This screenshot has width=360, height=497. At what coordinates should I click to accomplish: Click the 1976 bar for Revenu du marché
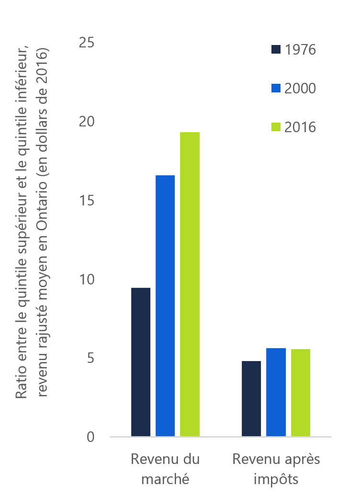(x=141, y=362)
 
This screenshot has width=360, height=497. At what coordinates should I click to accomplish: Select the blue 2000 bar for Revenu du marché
(x=165, y=305)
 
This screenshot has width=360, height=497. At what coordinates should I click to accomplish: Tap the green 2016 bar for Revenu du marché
(x=190, y=284)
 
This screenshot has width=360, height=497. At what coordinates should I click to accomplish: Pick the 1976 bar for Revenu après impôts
(x=251, y=398)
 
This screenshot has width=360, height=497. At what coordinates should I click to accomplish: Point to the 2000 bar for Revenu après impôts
(x=276, y=392)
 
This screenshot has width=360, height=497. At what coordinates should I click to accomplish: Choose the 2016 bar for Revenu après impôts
(x=301, y=393)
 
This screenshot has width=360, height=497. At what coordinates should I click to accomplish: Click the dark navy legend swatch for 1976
(x=276, y=49)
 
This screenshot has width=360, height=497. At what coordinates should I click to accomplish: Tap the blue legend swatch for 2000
(x=276, y=88)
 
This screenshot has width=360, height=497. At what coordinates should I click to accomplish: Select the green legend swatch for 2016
(x=276, y=127)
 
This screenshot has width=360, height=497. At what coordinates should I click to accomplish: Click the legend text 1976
(x=300, y=49)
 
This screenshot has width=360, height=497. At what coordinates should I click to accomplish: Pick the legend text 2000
(x=300, y=88)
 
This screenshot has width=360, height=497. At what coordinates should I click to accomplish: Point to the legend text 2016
(x=300, y=127)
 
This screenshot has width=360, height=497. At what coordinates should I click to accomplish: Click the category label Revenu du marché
(x=165, y=469)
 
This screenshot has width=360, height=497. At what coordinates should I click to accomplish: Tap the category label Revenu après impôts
(x=276, y=469)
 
